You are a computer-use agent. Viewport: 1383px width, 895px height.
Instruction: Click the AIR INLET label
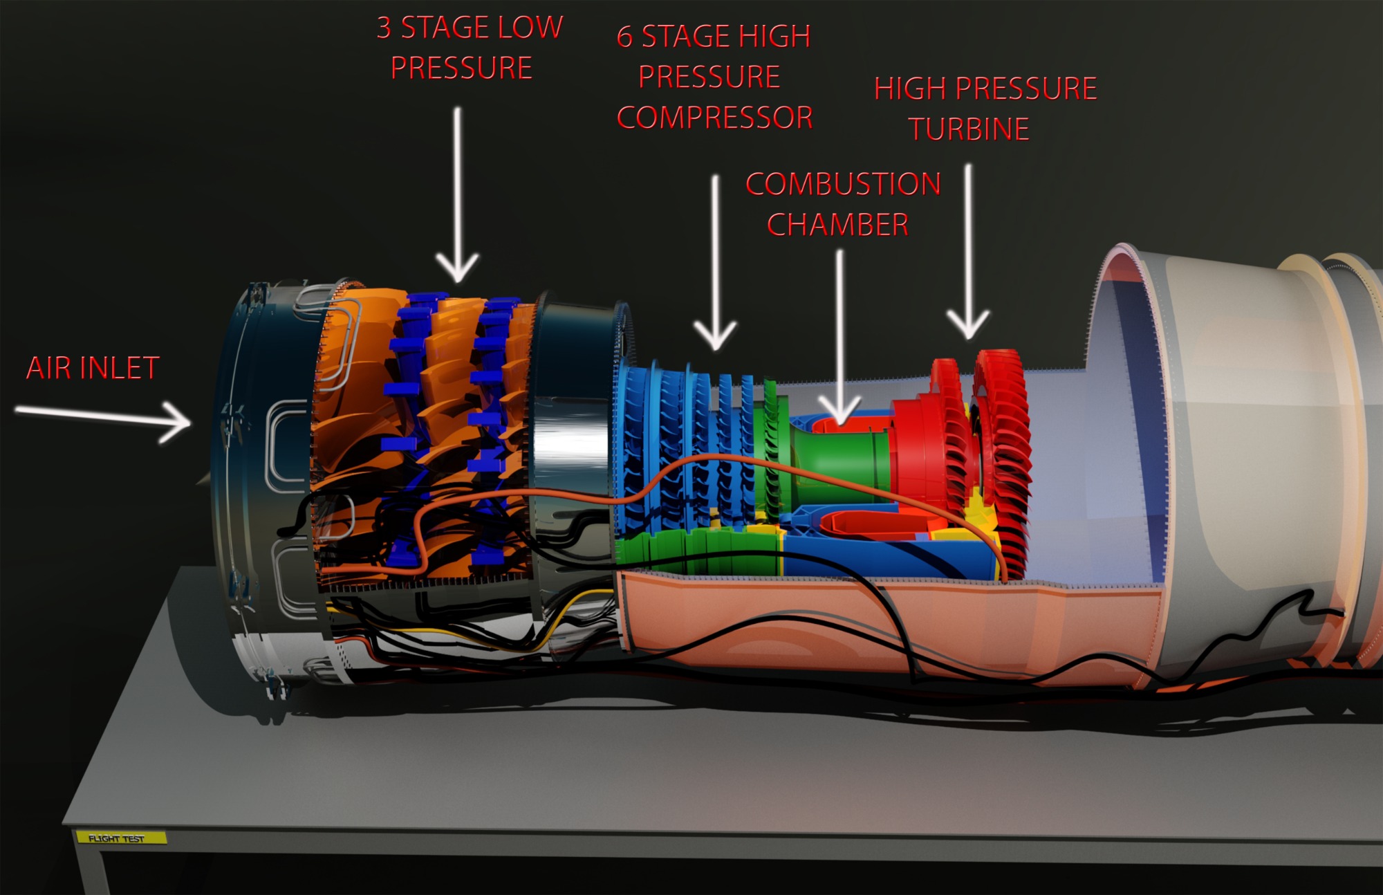[93, 368]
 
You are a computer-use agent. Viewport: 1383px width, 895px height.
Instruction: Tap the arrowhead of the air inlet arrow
[181, 421]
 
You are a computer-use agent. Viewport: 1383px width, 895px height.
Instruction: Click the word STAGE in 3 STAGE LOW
[445, 28]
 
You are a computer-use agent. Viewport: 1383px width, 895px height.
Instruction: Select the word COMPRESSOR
[714, 118]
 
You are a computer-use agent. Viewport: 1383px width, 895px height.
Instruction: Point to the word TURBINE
[968, 129]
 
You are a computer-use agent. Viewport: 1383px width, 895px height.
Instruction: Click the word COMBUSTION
[843, 184]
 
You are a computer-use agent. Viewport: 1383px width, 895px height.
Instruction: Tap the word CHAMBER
[837, 225]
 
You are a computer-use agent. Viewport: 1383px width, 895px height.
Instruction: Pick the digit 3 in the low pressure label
[384, 28]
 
